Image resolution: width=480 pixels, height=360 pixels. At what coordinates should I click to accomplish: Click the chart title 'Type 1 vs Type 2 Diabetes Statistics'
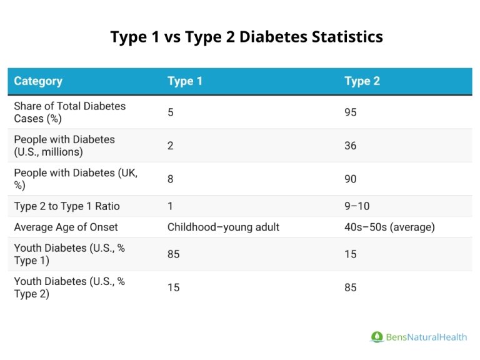click(x=246, y=37)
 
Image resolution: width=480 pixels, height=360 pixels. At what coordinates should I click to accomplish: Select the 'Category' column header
click(x=38, y=81)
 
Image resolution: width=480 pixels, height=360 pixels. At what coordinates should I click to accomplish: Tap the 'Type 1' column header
click(x=184, y=81)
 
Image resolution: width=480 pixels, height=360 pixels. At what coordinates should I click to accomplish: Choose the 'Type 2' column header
click(x=362, y=81)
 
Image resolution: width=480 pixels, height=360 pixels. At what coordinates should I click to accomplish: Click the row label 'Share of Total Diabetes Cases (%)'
click(x=69, y=112)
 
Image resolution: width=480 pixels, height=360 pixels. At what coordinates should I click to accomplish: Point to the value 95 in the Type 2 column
click(x=351, y=112)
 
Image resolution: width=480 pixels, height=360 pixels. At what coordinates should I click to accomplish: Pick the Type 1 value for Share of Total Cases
click(x=171, y=112)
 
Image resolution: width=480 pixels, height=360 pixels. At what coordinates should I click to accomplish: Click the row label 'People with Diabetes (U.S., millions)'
click(x=64, y=146)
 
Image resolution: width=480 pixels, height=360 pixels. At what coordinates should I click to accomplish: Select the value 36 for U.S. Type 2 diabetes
click(x=351, y=146)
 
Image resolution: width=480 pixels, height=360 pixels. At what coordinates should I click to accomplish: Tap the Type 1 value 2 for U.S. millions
click(x=171, y=146)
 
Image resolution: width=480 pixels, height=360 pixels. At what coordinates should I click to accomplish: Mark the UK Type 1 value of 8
click(x=171, y=179)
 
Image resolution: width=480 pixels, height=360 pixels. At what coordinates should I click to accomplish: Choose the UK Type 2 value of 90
click(x=351, y=179)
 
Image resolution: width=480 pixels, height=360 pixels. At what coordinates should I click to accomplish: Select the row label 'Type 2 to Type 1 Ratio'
click(x=67, y=206)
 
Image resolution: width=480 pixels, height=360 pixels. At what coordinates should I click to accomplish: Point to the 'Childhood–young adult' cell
click(x=223, y=227)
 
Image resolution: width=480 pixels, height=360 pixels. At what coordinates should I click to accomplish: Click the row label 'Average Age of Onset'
click(x=66, y=227)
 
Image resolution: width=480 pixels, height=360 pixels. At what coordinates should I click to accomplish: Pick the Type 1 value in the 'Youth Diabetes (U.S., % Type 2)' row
click(x=174, y=287)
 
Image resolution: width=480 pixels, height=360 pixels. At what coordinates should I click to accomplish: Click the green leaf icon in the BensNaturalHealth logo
click(x=376, y=337)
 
